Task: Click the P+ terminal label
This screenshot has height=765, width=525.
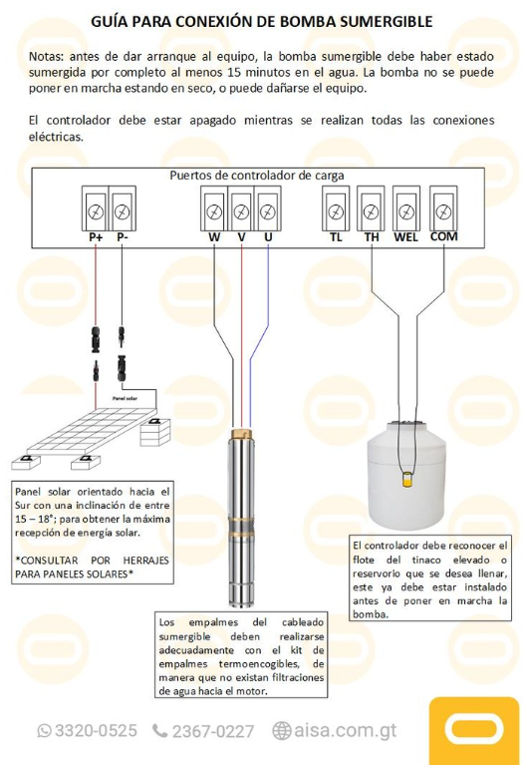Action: [x=96, y=237]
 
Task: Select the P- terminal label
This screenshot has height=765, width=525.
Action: [x=122, y=237]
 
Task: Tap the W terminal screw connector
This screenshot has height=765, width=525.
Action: [x=214, y=211]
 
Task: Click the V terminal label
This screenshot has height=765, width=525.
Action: [x=241, y=237]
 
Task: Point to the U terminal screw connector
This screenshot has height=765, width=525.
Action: [x=267, y=211]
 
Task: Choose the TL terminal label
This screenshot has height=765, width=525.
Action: [x=336, y=237]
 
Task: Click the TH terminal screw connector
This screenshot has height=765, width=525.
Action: [x=371, y=211]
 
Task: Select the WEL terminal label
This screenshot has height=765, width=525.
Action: [x=405, y=237]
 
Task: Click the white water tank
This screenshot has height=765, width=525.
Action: [x=406, y=474]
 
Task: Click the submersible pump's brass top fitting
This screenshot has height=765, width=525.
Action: [x=240, y=436]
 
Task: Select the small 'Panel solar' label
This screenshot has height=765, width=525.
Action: [x=126, y=398]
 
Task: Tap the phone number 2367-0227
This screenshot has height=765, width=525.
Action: [x=212, y=731]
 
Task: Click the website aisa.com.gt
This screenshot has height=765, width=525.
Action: [x=345, y=731]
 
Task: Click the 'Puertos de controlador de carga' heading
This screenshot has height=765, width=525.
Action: [x=257, y=176]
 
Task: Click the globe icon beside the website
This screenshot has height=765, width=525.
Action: [x=281, y=731]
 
